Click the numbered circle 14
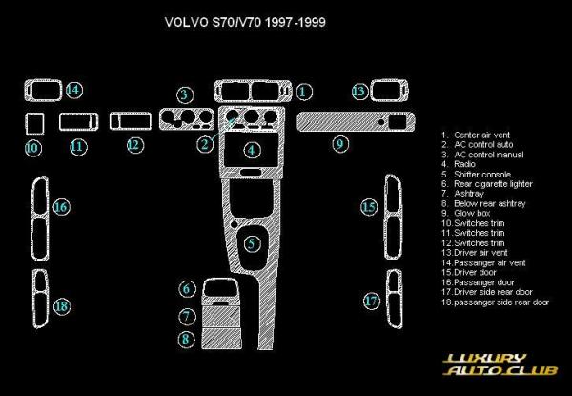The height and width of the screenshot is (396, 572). pos(73,90)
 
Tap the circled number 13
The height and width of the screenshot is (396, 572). pos(358,92)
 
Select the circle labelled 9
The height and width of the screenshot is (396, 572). pos(340,144)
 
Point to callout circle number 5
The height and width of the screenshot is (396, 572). pos(251,244)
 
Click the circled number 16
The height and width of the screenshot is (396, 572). pos(61,207)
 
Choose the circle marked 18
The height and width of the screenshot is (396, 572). pos(61,306)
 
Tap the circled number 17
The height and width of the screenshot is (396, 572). pos(372,301)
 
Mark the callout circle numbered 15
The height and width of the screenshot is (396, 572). pos(369,207)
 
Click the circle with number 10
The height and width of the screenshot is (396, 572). pos(32,148)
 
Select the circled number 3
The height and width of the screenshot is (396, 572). pos(185,94)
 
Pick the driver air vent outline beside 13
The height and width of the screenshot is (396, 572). pos(389,92)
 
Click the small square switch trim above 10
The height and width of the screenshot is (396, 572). pos(33,124)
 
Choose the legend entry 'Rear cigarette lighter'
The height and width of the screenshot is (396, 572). pos(493,183)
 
